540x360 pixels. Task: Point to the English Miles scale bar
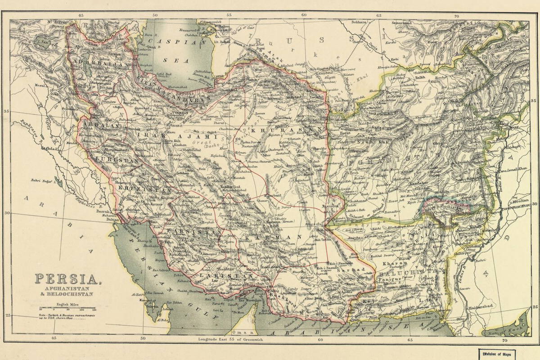click(x=67, y=310)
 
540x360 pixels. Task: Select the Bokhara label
click(x=359, y=22)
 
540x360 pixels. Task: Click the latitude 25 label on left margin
click(x=8, y=315)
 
